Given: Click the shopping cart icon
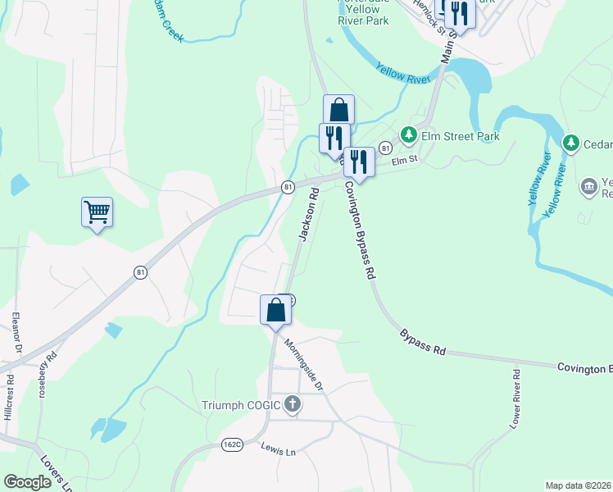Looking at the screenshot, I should tap(97, 212).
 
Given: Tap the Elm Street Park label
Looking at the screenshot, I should tap(460, 136).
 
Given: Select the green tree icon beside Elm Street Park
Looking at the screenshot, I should tap(407, 134).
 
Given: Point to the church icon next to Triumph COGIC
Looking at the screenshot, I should tap(293, 404).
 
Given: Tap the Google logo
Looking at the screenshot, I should tap(28, 481).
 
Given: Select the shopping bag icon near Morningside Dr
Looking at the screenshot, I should tap(275, 310).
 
